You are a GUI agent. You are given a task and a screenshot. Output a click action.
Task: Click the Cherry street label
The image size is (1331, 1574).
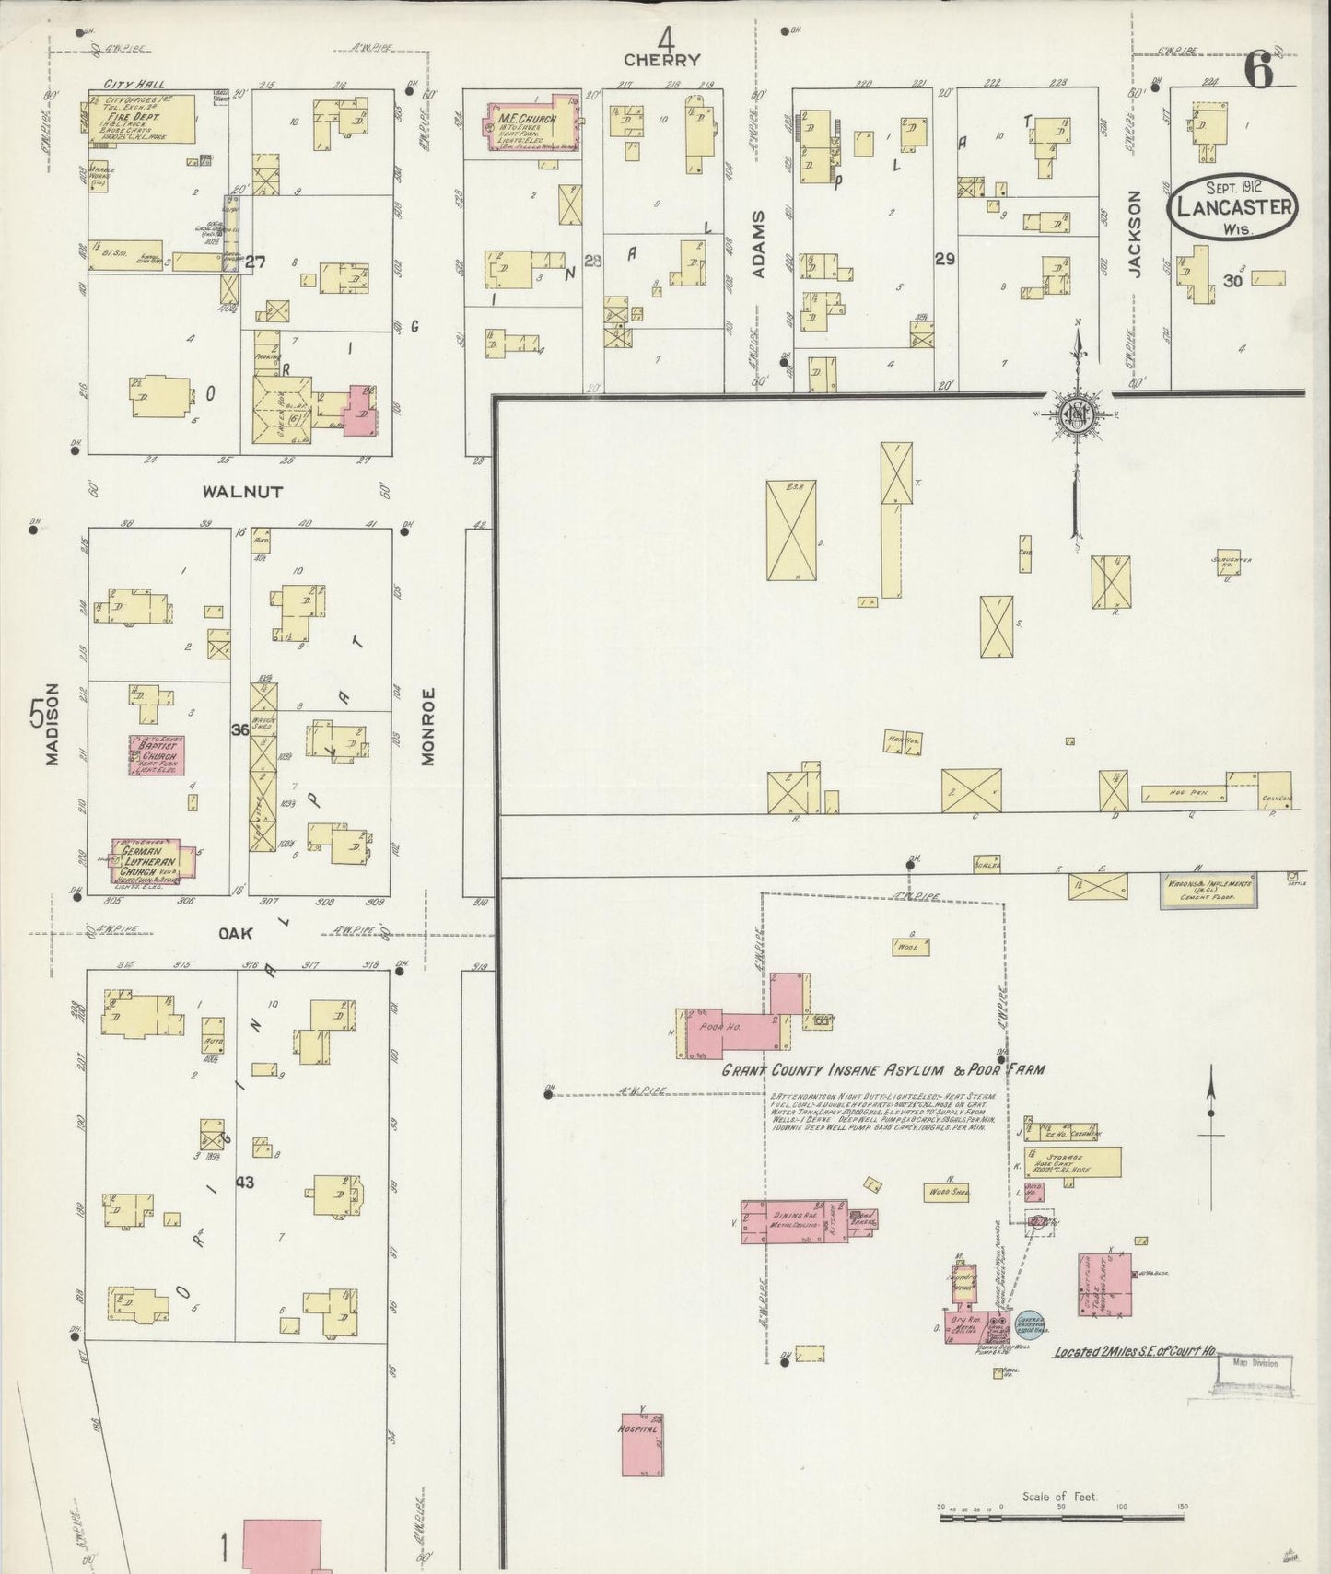pyautogui.click(x=661, y=60)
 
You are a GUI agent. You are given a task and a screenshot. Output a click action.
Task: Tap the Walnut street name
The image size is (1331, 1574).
pyautogui.click(x=242, y=492)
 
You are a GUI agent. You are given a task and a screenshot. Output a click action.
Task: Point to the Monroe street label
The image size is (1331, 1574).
pyautogui.click(x=426, y=727)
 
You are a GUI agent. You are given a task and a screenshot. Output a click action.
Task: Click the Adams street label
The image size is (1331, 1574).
pyautogui.click(x=758, y=243)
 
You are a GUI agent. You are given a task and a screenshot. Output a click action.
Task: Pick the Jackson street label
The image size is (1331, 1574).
pyautogui.click(x=1134, y=233)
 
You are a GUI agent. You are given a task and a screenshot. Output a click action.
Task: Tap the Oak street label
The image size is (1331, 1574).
pyautogui.click(x=235, y=933)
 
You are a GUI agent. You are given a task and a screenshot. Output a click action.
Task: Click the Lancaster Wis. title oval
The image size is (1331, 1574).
pyautogui.click(x=1232, y=206)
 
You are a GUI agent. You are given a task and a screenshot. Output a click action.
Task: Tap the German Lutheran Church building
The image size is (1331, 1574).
pyautogui.click(x=154, y=859)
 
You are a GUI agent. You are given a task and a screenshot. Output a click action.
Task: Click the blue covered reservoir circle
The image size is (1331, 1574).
pyautogui.click(x=1028, y=1324)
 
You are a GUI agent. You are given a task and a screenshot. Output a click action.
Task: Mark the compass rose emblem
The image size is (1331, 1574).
pyautogui.click(x=1075, y=414)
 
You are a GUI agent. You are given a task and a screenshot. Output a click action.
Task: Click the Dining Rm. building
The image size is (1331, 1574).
pyautogui.click(x=792, y=1221)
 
